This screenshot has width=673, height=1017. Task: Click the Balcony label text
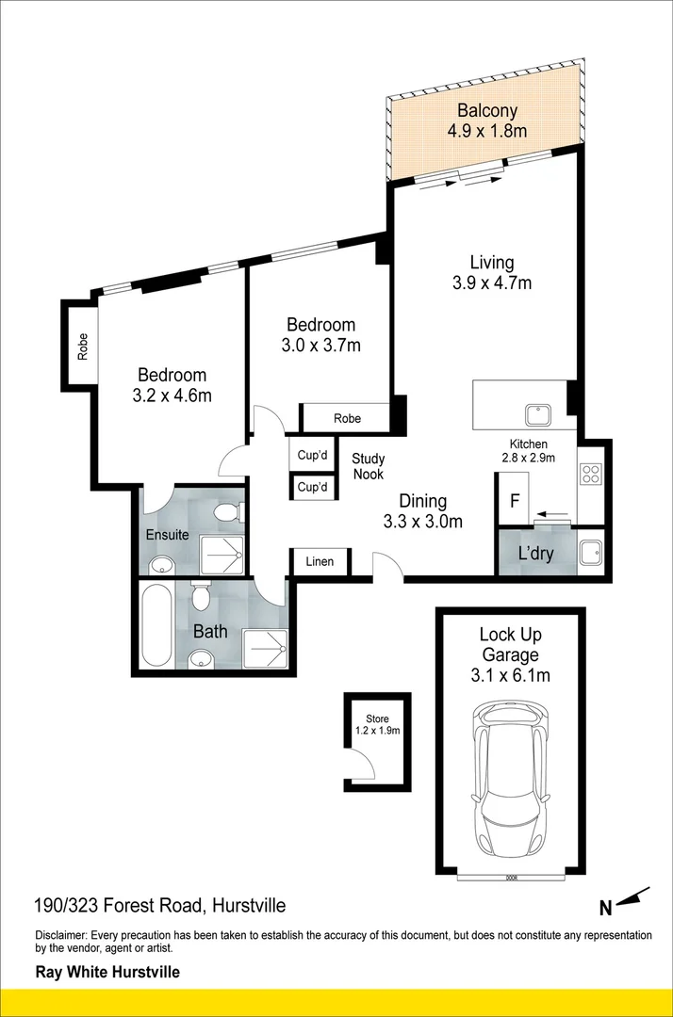pos(487,110)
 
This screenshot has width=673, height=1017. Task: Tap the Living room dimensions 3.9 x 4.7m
pos(492,282)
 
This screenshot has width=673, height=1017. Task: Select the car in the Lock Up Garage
pos(510,780)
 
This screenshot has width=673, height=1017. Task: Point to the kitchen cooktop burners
pos(592,472)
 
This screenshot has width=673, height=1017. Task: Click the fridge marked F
pos(515,500)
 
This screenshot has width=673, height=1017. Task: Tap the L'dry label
pos(535,554)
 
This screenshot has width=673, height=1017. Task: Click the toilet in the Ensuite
pos(226,514)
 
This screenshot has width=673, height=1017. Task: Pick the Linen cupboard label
pos(320,562)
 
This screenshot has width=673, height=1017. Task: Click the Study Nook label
pos(369,467)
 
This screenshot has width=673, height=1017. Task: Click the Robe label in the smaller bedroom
pos(346,417)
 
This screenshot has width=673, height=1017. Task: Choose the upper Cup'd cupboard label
pos(312,456)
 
